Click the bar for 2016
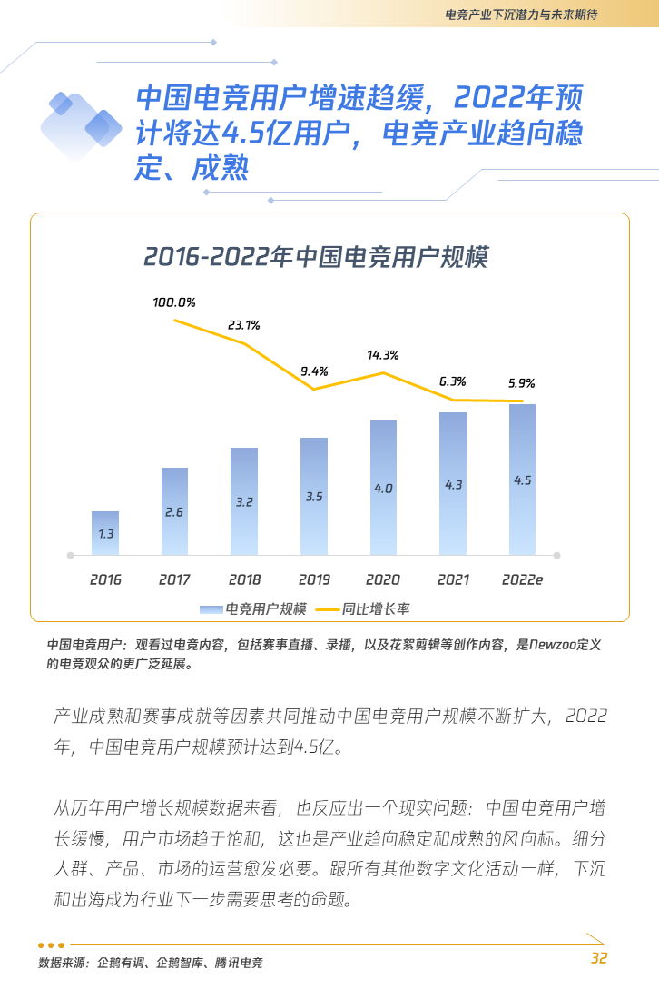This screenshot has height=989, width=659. (105, 533)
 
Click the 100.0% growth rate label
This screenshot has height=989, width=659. (173, 302)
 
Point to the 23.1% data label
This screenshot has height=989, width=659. (243, 324)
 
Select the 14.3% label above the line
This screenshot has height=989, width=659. (382, 355)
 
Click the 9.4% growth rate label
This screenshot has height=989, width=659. (313, 371)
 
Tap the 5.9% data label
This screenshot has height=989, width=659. (522, 383)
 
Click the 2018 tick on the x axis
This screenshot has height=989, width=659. (244, 579)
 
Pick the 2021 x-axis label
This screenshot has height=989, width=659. (453, 579)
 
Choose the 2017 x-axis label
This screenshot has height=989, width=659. (174, 579)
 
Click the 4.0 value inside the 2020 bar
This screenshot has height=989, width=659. (383, 489)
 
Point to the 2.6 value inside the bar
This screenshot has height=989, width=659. (174, 512)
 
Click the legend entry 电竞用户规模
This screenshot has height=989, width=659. (253, 608)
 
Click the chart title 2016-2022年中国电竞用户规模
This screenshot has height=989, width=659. (316, 257)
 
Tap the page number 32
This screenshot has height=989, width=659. (598, 958)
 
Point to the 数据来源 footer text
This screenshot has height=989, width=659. (150, 963)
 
